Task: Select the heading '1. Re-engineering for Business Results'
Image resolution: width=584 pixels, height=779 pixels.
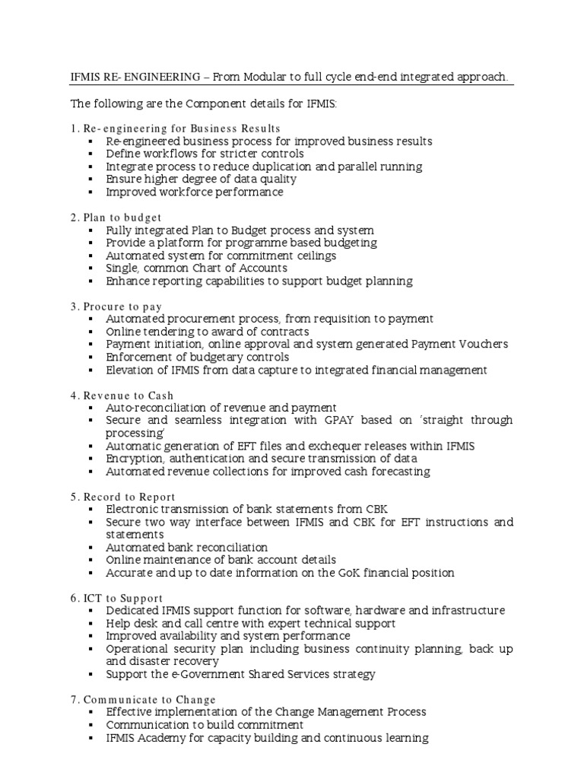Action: pos(176,128)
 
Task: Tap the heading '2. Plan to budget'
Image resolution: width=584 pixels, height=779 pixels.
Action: pos(116,217)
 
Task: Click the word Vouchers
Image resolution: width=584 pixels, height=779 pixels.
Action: pos(482,345)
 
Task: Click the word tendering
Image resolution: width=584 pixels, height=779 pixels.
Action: pos(165,332)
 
